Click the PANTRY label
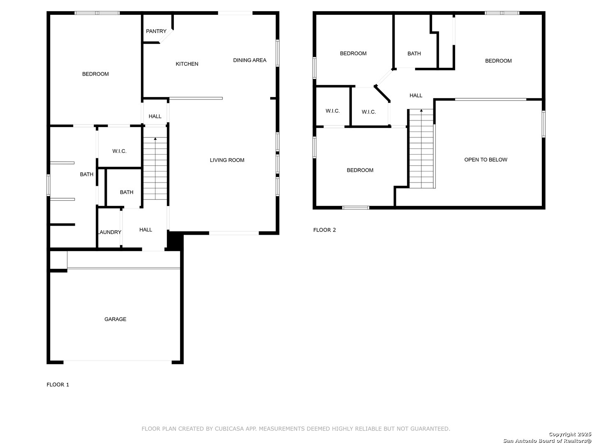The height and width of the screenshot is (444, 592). coord(156,31)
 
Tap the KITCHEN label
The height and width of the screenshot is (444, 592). coord(187,64)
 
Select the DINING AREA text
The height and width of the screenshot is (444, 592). coord(250,60)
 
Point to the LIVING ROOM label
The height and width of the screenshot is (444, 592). coord(227,160)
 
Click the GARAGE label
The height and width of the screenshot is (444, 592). coord(115,319)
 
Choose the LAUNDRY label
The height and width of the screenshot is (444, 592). coord(109,232)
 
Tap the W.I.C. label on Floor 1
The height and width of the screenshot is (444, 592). coord(119,151)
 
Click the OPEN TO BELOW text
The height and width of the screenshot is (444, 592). coord(486,160)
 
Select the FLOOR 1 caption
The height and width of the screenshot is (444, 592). coord(58,385)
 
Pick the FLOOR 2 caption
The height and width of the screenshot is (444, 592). coord(324,230)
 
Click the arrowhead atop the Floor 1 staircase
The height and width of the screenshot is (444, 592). coord(155,139)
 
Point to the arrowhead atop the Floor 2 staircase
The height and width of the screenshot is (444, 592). coord(421,111)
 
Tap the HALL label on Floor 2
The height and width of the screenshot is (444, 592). coord(416,95)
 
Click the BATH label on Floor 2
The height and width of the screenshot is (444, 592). coord(414,53)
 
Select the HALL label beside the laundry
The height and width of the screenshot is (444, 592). coord(146,230)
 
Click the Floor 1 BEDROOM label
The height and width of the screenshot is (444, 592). coord(95,74)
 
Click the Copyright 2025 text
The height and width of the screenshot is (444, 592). coord(570,434)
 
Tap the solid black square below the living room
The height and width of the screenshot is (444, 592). coord(175,240)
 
